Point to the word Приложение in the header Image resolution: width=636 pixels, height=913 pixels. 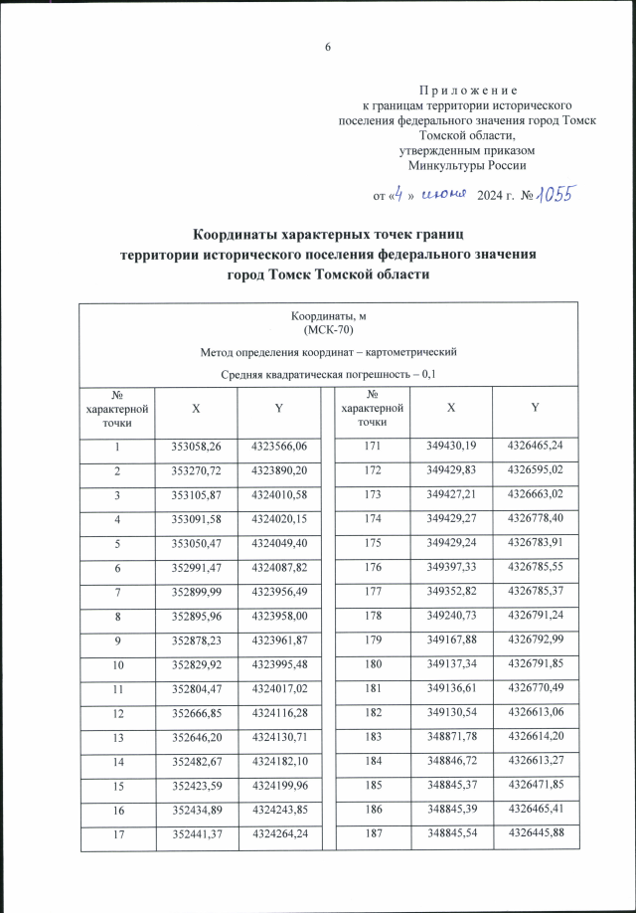pyautogui.click(x=465, y=90)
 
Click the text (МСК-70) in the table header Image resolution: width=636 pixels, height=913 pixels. pyautogui.click(x=327, y=329)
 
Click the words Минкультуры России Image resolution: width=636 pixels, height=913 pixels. pyautogui.click(x=467, y=165)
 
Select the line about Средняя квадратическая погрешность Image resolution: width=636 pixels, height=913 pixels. pyautogui.click(x=327, y=374)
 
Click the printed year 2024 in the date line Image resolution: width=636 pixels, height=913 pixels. pyautogui.click(x=492, y=195)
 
